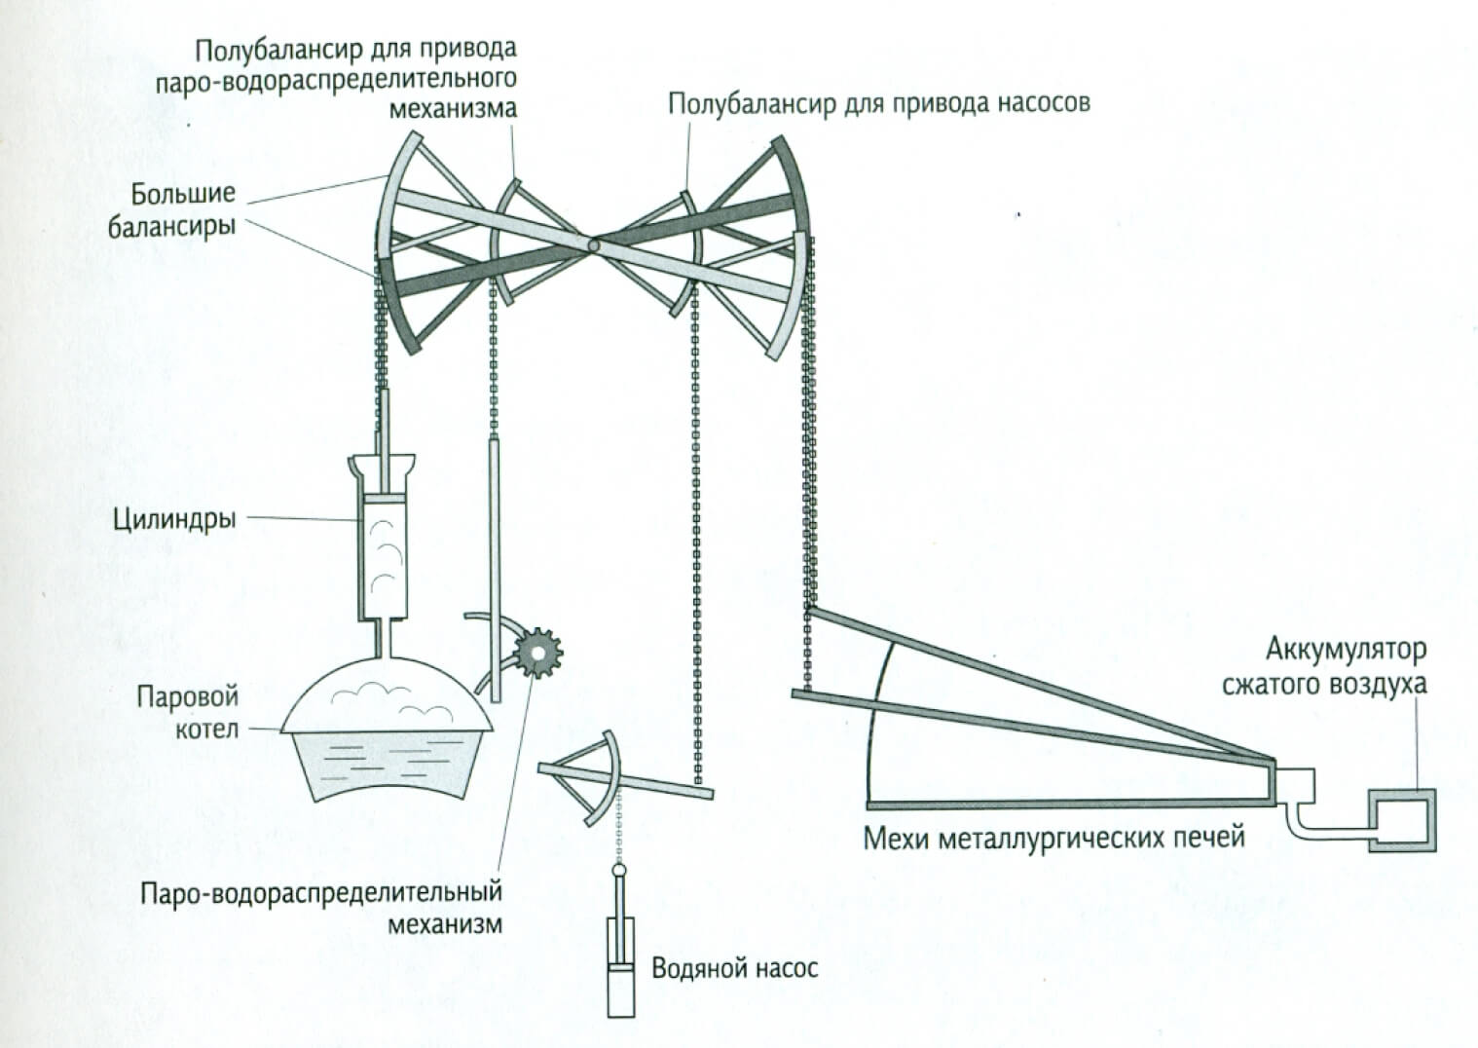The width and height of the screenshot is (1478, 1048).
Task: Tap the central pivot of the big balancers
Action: point(593,246)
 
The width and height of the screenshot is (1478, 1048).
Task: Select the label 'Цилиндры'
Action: point(174,518)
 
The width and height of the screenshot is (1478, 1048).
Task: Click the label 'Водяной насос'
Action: point(735,968)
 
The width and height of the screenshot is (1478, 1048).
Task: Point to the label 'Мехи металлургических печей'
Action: point(1053,837)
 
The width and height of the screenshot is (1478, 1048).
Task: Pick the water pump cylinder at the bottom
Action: point(620,989)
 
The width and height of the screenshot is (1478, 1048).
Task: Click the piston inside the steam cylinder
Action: point(386,499)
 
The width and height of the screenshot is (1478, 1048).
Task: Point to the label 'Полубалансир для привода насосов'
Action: point(878,103)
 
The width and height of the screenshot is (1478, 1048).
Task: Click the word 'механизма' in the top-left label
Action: point(453,107)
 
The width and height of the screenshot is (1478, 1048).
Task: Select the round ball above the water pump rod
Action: point(619,868)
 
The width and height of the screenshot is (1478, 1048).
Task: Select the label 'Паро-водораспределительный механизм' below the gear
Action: point(322,907)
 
